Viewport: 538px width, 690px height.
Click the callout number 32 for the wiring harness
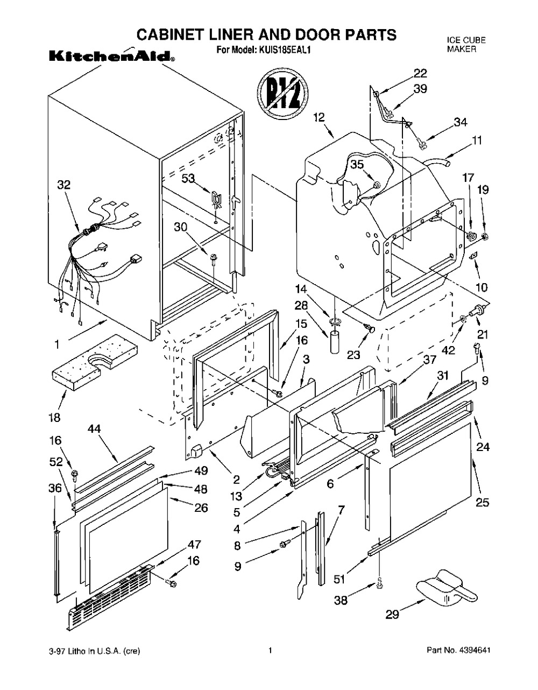click(x=64, y=185)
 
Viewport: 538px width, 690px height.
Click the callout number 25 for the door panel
click(x=483, y=502)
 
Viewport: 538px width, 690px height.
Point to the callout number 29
click(x=392, y=614)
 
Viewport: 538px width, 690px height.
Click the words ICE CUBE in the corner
click(x=466, y=40)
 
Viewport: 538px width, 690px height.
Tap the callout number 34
click(x=461, y=122)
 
